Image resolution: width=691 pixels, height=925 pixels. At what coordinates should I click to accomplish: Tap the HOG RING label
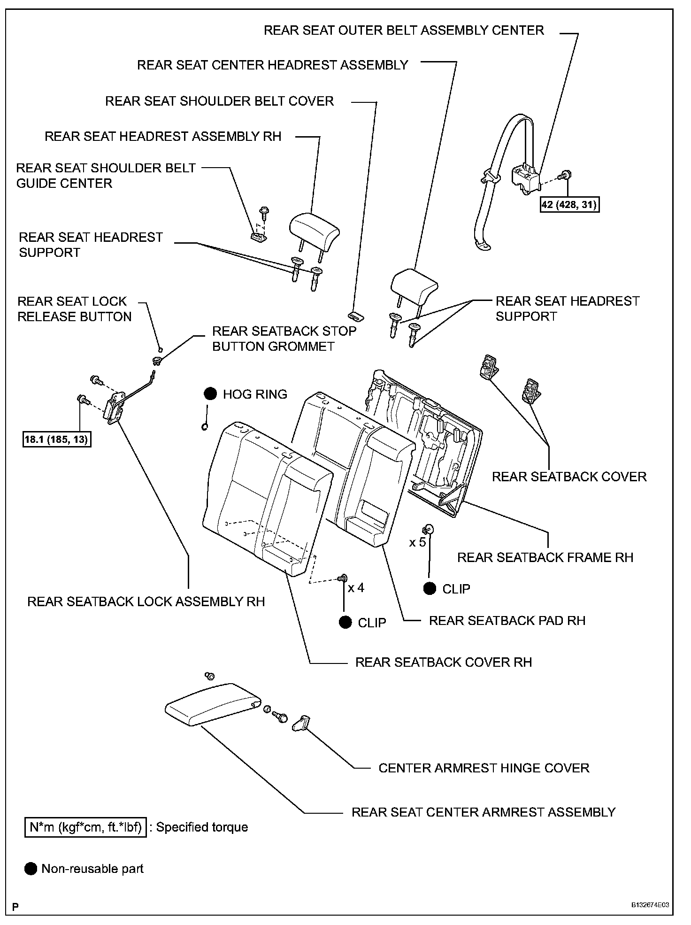pyautogui.click(x=255, y=394)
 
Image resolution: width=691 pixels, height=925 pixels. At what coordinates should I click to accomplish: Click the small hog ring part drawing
pyautogui.click(x=204, y=426)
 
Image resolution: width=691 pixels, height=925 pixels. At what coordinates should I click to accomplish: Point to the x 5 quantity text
pyautogui.click(x=417, y=542)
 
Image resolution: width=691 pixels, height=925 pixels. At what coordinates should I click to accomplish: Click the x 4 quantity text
pyautogui.click(x=356, y=587)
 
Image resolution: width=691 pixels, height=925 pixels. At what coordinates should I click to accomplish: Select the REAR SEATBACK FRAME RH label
pyautogui.click(x=545, y=557)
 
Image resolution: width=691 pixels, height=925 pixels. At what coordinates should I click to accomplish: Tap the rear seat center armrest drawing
pyautogui.click(x=211, y=704)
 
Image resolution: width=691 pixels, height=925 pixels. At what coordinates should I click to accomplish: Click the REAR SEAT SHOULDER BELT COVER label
pyautogui.click(x=219, y=101)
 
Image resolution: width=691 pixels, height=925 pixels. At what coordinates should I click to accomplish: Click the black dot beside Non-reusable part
pyautogui.click(x=31, y=869)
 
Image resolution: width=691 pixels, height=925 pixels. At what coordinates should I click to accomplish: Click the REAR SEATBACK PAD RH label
pyautogui.click(x=507, y=620)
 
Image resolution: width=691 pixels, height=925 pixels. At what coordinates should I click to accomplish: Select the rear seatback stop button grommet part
pyautogui.click(x=156, y=361)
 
